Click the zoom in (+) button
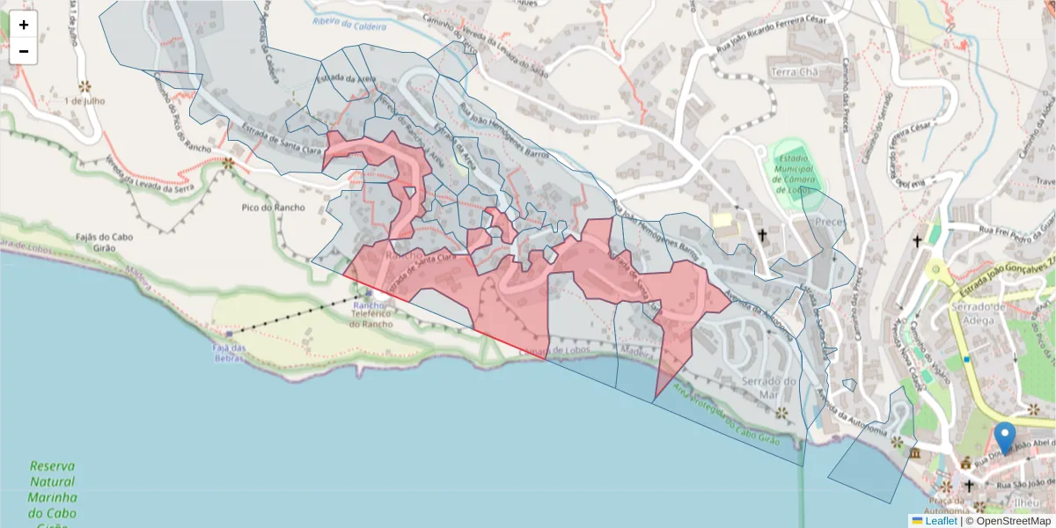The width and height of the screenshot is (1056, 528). coord(24,25)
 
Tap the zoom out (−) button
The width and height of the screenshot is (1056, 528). coord(24,51)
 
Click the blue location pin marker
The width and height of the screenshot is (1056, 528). coord(1004,437)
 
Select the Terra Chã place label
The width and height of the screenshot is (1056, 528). coord(795,71)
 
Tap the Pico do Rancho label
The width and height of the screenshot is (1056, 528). coord(273,208)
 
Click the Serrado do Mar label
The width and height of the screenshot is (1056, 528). coord(769,387)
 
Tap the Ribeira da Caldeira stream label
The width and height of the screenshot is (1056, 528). coord(349,26)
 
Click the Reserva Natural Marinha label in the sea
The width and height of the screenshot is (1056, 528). coord(52,489)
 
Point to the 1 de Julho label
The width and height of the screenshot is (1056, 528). coord(84,100)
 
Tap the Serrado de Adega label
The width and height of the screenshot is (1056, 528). coord(978,313)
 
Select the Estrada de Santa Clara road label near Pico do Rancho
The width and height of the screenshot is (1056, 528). coord(275,143)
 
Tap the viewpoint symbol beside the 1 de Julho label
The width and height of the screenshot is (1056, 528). coord(84,86)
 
